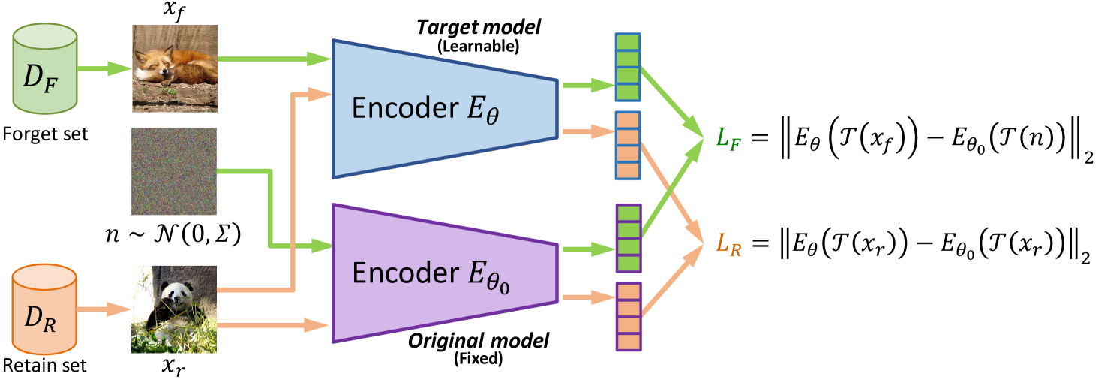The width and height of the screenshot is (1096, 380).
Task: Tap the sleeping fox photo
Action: point(175,68)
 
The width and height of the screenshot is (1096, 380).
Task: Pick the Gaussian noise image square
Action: point(174,172)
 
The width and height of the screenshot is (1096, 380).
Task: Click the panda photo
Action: point(174,309)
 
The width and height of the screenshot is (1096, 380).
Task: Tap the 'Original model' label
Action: point(479,342)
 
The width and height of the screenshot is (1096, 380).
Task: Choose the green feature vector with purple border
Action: point(628,237)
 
